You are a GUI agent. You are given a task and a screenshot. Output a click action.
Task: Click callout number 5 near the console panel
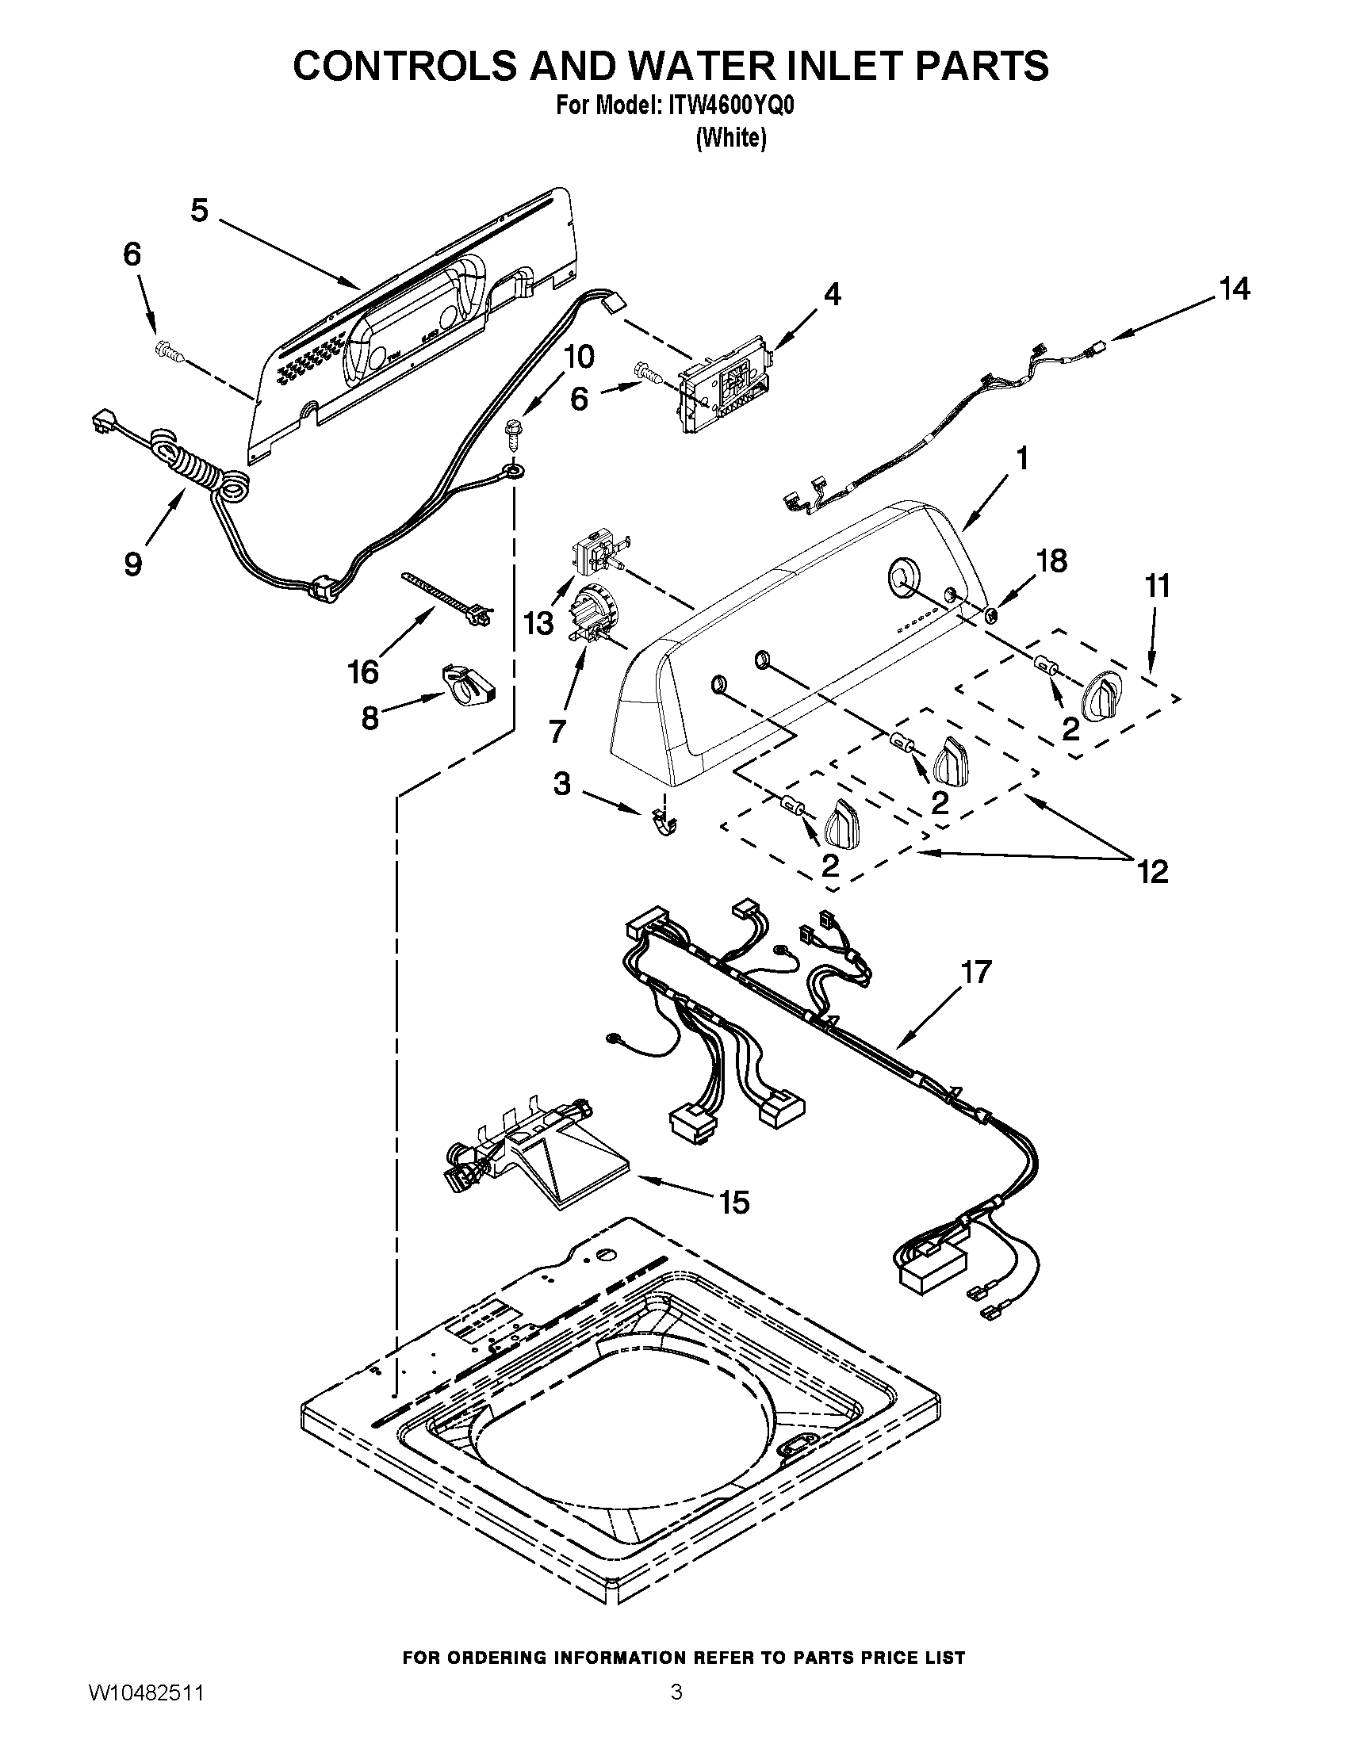(x=199, y=211)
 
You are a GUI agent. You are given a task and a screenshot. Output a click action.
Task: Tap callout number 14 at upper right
(x=1234, y=289)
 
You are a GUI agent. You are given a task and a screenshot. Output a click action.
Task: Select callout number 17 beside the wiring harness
(x=976, y=971)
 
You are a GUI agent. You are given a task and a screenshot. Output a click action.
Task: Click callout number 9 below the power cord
(x=133, y=564)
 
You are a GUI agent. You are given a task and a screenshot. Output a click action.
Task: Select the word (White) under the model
(x=732, y=138)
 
